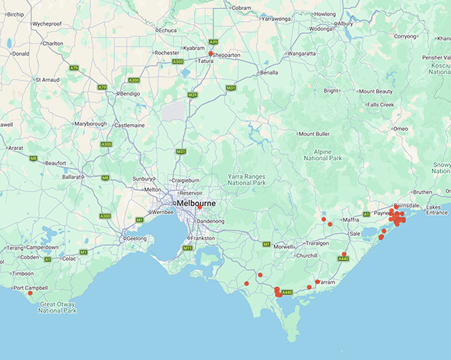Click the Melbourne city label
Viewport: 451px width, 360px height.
198,204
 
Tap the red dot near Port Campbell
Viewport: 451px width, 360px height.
30,292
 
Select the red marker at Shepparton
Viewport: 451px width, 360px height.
211,54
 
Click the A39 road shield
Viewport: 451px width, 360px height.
213,42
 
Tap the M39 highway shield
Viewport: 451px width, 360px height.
192,95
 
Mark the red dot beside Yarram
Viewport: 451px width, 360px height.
316,282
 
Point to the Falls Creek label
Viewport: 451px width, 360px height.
380,104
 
